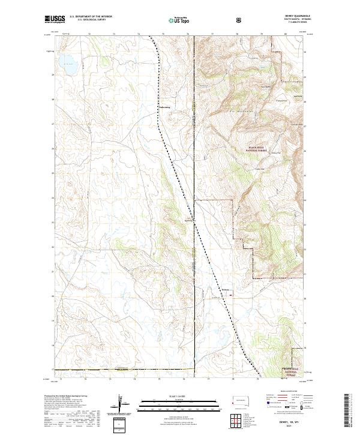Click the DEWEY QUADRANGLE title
(292, 17)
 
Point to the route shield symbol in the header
(240, 20)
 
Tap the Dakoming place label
(164, 108)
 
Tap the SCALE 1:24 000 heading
(179, 397)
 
